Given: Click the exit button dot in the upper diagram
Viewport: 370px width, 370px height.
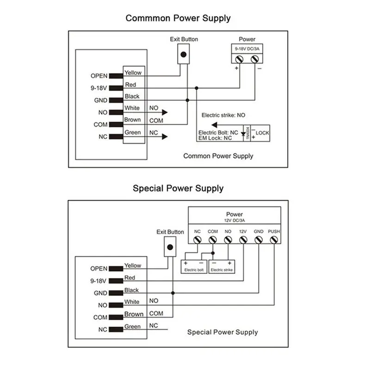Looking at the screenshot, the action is point(183,55).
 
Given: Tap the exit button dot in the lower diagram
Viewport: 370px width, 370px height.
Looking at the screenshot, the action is point(170,247).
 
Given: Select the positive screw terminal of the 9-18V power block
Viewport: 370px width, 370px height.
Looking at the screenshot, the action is point(240,59).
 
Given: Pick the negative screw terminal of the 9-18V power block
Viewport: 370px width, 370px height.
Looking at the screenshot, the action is point(255,59).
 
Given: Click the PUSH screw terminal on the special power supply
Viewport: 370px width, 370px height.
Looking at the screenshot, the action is point(274,240).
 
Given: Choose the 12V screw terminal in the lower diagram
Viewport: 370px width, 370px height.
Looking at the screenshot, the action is point(243,240).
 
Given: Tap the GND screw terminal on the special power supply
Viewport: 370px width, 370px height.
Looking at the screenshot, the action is point(259,240).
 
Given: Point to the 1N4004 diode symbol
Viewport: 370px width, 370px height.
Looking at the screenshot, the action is point(243,134).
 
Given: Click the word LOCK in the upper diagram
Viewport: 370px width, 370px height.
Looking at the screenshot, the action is point(262,133).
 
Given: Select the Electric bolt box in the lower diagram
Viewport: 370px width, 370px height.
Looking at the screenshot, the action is point(194,267).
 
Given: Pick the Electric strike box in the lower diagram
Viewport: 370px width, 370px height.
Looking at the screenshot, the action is point(222,267).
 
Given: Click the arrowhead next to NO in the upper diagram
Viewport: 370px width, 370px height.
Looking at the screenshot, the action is point(165,112).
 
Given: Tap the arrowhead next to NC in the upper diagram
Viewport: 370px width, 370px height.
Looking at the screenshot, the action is point(165,136).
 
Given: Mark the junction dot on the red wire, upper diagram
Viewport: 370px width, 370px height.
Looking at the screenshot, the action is point(196,88).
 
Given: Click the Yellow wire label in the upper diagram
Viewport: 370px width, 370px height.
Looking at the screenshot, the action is point(133,73).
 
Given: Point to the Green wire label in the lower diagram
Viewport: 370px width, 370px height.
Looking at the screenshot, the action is point(132,327).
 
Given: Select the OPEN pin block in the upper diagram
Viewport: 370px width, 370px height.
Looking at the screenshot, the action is point(116,76).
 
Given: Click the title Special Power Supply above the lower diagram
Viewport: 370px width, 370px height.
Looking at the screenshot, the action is point(178,188).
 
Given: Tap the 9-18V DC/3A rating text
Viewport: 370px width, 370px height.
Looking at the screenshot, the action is point(247,49).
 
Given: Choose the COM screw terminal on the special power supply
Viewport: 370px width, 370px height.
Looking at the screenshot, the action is point(213,240).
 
